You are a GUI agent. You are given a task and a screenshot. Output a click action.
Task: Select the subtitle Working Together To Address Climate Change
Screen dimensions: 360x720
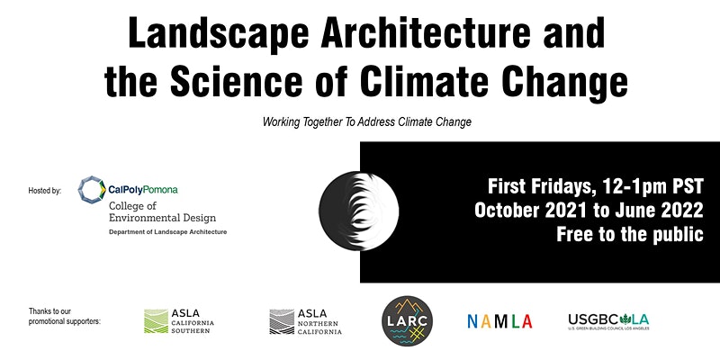pyautogui.click(x=367, y=121)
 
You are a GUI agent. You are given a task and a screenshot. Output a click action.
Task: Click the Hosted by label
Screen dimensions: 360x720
pyautogui.click(x=45, y=191)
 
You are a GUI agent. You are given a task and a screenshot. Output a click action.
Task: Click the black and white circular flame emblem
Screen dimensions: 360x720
pyautogui.click(x=360, y=207)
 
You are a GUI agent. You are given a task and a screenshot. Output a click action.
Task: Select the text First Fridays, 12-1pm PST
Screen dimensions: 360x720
pyautogui.click(x=595, y=187)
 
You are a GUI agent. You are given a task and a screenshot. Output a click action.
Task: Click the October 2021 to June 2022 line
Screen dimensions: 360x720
pyautogui.click(x=589, y=211)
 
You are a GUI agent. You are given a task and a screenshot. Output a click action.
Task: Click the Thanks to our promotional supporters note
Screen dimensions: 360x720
pyautogui.click(x=65, y=316)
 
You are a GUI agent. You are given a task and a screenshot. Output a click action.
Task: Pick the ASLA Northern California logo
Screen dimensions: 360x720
pyautogui.click(x=306, y=320)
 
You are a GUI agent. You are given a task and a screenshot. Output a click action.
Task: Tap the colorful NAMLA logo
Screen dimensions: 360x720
pyautogui.click(x=499, y=321)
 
